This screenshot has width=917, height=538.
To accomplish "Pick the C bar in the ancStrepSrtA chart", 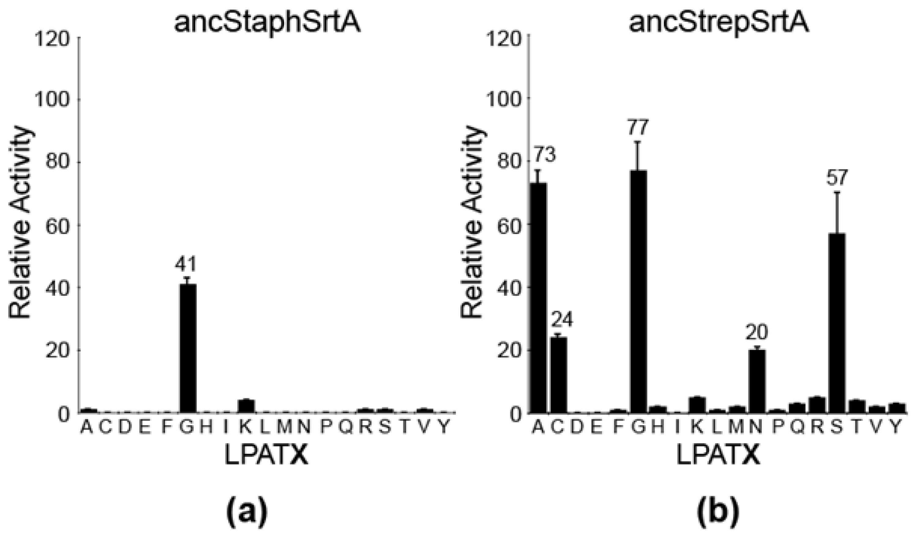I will click(558, 375).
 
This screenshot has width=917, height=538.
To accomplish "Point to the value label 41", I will click(185, 264).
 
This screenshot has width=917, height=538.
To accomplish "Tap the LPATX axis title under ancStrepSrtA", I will click(719, 455).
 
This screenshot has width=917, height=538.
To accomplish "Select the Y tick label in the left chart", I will click(444, 428).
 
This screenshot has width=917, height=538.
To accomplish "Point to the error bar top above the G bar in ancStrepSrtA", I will click(638, 142).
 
